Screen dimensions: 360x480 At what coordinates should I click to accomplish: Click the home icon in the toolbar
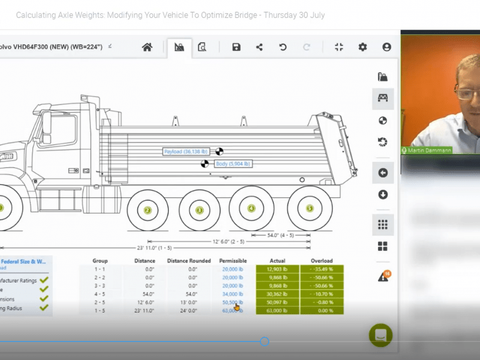coord(147,47)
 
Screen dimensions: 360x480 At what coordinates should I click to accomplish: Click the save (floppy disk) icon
coord(236,47)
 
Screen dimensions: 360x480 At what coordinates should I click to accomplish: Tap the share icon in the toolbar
coord(259,47)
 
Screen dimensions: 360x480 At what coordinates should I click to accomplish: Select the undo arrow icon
coord(283,47)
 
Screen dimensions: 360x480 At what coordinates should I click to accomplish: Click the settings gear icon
coord(362,47)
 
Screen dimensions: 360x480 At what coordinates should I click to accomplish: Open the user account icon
coord(386,47)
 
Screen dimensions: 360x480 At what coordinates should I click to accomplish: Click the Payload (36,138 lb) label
coord(188,152)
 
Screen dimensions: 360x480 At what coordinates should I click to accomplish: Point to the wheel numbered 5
coord(310,209)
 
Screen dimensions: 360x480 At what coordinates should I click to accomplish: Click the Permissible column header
coord(233,261)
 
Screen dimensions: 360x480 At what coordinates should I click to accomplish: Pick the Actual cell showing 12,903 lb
coord(277,270)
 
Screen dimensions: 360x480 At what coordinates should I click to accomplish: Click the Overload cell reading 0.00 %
coord(322,311)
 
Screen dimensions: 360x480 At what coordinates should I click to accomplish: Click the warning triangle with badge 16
coord(382,277)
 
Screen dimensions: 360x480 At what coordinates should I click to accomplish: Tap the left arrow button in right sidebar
coord(383,173)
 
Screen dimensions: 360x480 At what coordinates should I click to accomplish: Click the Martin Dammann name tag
coord(427,150)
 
